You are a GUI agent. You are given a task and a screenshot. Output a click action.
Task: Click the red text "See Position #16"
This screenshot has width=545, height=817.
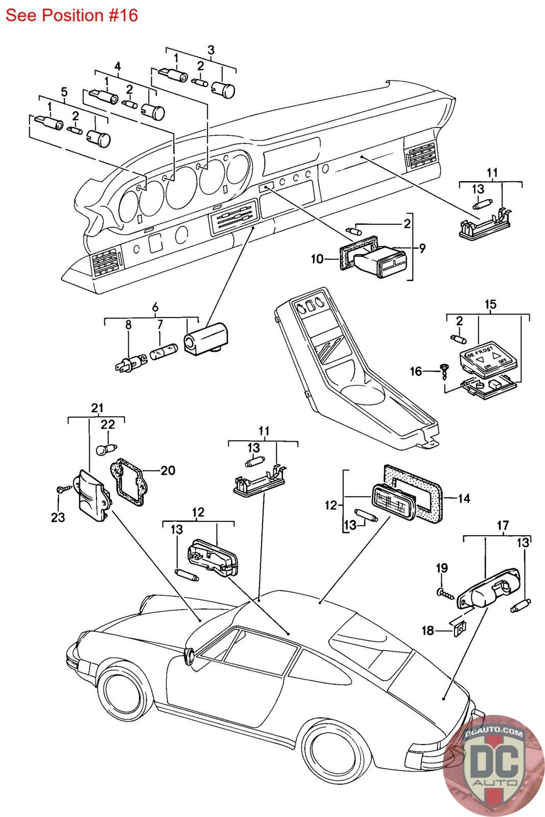click(72, 15)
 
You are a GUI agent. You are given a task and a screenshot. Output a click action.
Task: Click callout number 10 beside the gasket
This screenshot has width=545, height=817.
click(317, 259)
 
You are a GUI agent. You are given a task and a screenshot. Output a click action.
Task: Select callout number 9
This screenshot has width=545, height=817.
click(422, 249)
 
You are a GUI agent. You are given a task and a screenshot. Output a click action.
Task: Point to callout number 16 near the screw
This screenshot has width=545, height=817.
click(416, 371)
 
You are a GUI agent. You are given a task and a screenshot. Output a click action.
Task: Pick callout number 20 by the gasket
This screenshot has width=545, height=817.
click(168, 470)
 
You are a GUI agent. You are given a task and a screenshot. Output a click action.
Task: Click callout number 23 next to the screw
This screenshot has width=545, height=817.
click(58, 517)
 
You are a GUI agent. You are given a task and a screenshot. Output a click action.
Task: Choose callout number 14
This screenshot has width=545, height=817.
click(464, 498)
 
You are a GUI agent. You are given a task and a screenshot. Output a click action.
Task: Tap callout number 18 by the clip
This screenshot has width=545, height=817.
click(427, 631)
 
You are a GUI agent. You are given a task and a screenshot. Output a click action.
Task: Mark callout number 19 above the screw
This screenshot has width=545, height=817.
click(442, 568)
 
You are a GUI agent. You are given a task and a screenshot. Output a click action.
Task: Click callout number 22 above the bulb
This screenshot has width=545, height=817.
click(108, 424)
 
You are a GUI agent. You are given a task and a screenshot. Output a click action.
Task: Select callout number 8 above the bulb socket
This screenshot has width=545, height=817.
click(128, 324)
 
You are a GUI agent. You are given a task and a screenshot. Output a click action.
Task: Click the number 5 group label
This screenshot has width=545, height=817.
click(64, 92)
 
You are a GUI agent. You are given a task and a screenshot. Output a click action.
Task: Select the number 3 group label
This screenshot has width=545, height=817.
click(210, 50)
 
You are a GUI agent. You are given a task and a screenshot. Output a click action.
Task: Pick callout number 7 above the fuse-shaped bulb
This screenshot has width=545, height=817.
click(159, 324)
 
